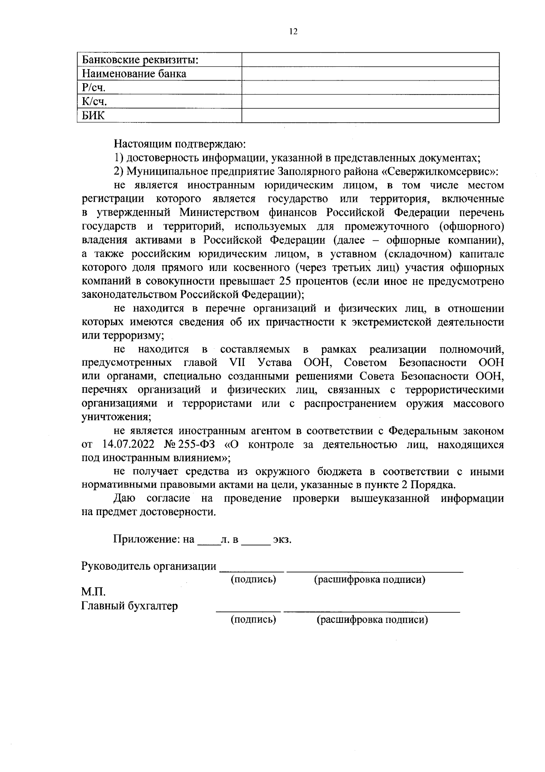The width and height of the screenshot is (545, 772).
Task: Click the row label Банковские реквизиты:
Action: [141, 60]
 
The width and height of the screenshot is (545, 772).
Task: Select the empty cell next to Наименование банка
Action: [370, 74]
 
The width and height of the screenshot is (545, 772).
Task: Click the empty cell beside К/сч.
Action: [370, 101]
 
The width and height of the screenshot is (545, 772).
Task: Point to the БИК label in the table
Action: [93, 115]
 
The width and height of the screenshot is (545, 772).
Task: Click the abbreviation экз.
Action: [282, 540]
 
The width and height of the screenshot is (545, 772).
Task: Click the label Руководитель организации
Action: [149, 566]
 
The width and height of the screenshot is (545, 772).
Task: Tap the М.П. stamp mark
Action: [93, 592]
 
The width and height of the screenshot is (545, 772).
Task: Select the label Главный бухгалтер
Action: [129, 606]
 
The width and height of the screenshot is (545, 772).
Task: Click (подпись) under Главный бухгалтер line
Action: [253, 619]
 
